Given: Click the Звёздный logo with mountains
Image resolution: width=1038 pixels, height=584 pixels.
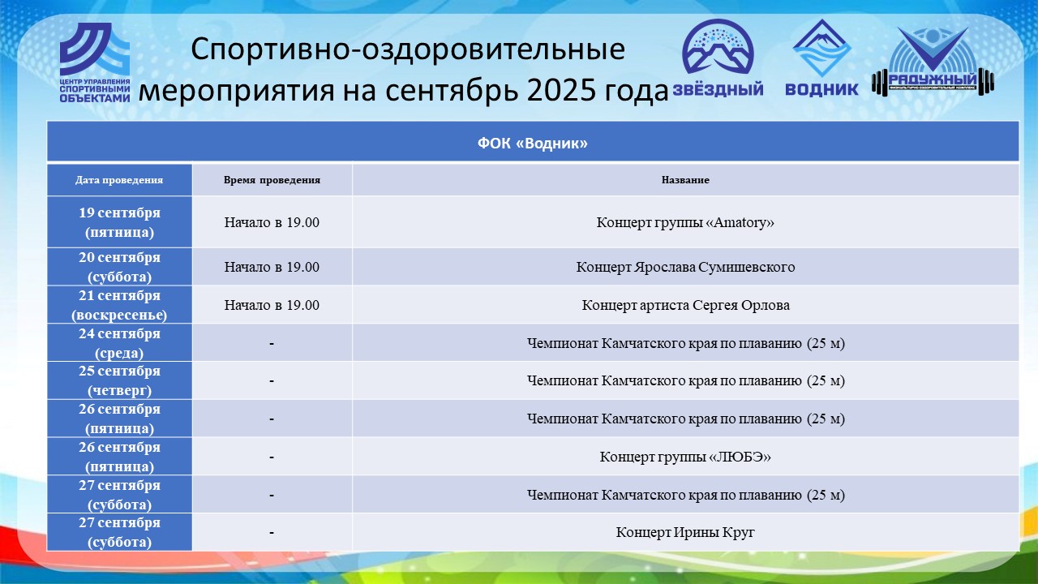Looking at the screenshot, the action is point(718,58).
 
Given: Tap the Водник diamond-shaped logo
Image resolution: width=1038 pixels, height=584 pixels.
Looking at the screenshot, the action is point(821,58).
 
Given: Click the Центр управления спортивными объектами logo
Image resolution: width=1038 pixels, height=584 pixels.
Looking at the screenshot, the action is point(95,62).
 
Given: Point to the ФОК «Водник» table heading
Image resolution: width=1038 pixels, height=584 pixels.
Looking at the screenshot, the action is point(533,144).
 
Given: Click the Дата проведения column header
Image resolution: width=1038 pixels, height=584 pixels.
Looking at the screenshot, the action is point(119,180).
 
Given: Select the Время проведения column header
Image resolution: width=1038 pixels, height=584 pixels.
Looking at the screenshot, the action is point(272,180).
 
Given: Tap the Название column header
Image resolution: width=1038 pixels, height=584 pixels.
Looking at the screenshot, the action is point(685,180).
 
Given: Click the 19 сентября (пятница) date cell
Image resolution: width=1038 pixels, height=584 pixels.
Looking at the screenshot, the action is point(119,222).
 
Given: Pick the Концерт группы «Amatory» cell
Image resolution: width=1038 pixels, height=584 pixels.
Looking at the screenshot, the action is point(685,222).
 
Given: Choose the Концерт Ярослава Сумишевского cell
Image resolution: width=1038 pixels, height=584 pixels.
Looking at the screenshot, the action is point(685,267).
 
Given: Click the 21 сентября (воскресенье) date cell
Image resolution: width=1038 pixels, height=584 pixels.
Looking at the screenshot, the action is point(119,305).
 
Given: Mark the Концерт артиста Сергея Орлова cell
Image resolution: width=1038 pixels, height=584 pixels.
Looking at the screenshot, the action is point(685,305).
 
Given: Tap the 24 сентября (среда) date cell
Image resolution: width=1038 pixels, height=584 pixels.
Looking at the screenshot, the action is point(119,343).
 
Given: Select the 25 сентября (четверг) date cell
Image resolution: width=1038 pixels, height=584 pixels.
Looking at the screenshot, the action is point(119,380).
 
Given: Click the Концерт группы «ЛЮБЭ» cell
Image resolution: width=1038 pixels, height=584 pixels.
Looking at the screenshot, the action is point(685,457).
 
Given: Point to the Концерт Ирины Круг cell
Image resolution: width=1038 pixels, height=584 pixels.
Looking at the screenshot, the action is point(685,532).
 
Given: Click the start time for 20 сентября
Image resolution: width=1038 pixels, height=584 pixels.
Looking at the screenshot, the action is point(272,267).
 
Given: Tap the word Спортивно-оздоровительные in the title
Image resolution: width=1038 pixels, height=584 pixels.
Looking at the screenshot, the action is point(408,49).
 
